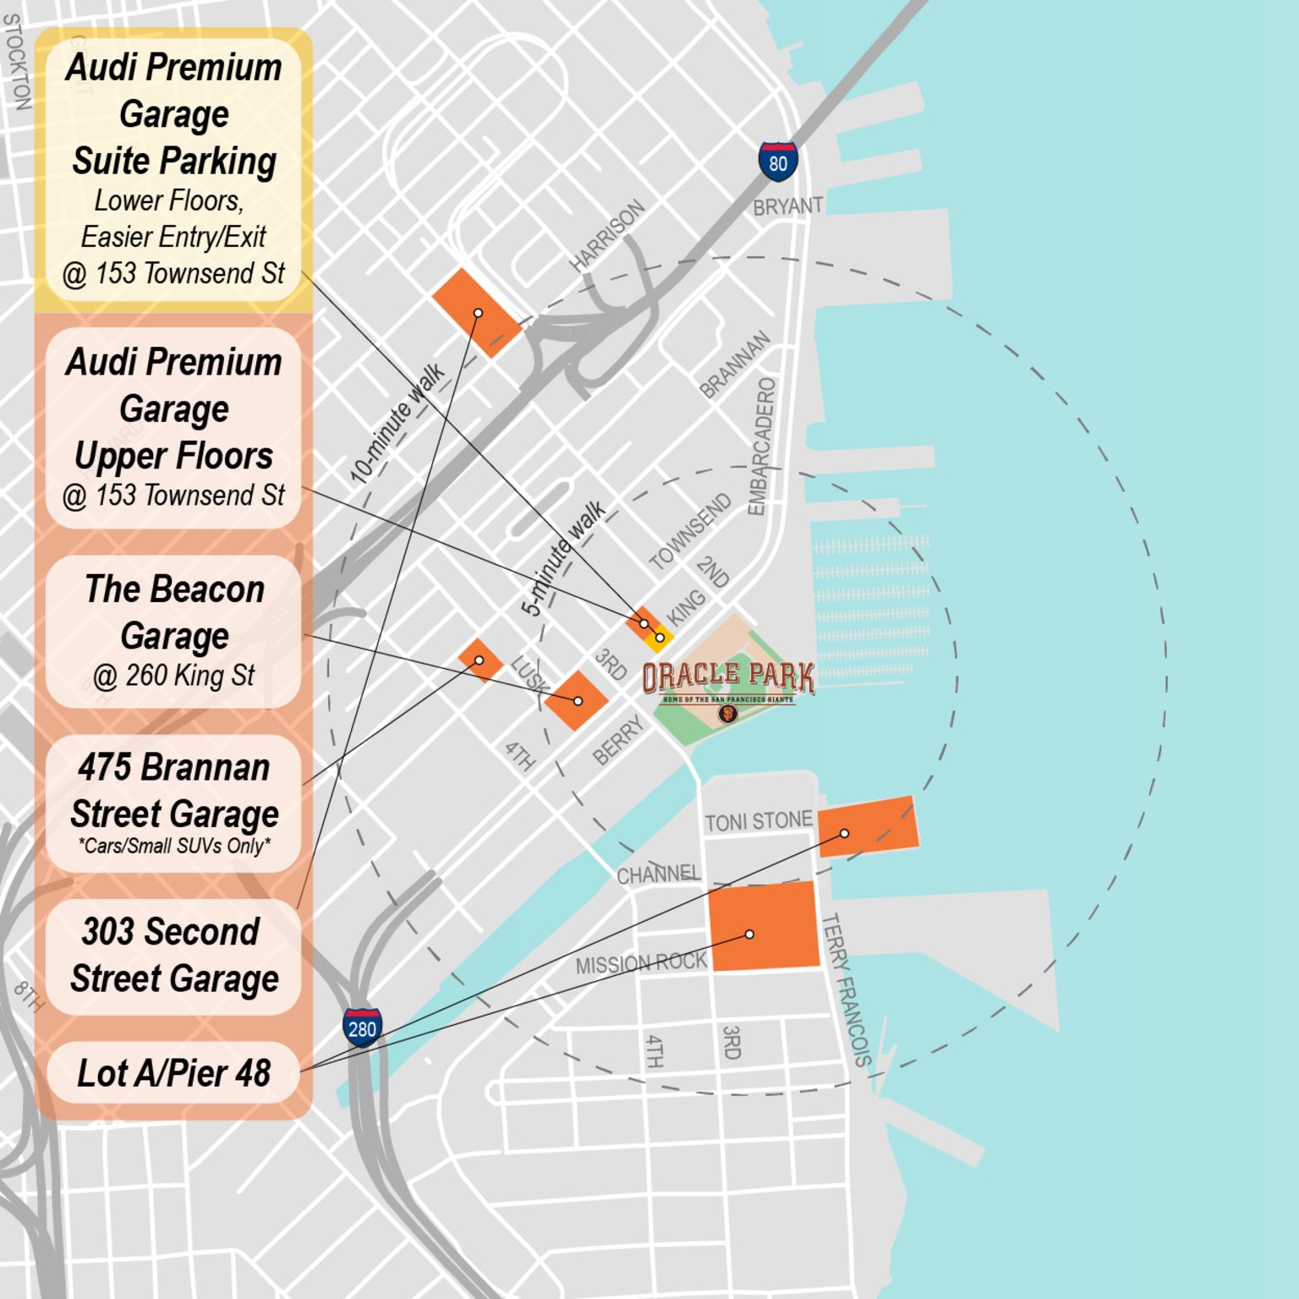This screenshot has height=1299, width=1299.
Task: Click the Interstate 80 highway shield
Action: (x=777, y=162)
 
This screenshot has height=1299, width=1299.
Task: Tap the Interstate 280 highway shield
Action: (x=361, y=1028)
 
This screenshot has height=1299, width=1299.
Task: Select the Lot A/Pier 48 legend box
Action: (x=173, y=1073)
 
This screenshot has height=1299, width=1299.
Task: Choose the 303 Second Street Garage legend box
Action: (x=173, y=956)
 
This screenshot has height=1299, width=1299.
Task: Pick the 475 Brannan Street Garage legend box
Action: (x=173, y=803)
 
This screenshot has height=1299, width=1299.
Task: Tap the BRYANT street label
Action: (x=787, y=206)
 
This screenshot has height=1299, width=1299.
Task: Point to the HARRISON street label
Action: (x=606, y=236)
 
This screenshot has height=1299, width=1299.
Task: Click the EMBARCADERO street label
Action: (x=760, y=447)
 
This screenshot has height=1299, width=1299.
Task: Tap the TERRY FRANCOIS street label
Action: (x=845, y=989)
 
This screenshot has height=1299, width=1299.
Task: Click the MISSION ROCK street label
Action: (x=640, y=963)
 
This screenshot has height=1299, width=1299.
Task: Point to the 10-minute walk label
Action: (x=397, y=423)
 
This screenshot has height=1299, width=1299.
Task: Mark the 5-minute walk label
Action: (x=562, y=558)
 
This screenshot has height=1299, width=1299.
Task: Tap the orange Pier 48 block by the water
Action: (x=868, y=826)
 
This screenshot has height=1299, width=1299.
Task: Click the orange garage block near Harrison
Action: (x=476, y=313)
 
